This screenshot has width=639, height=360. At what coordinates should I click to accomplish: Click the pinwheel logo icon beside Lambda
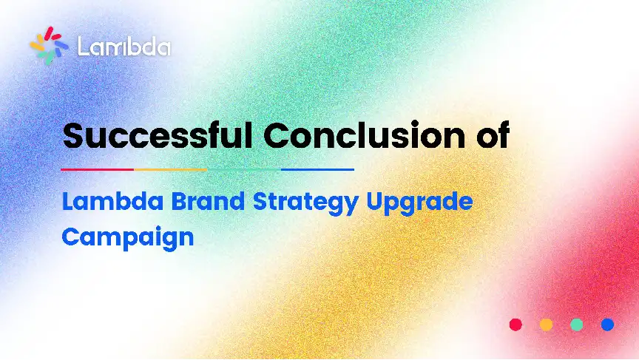(49, 46)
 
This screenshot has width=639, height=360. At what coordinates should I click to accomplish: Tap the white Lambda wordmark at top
(124, 47)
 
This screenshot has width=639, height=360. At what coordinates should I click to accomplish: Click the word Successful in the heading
(158, 135)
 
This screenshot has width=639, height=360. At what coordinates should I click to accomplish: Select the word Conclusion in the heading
(365, 135)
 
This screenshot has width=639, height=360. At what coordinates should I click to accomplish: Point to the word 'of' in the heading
(493, 135)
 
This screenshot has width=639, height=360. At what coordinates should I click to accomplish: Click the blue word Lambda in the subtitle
(113, 202)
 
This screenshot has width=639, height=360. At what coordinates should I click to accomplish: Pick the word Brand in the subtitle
(208, 202)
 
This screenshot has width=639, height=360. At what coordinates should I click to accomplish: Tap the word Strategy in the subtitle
(305, 203)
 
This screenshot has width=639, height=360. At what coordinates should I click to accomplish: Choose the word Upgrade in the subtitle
(420, 203)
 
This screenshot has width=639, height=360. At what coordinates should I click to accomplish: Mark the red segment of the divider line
(98, 169)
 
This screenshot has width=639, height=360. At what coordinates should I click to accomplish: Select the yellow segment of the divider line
(171, 169)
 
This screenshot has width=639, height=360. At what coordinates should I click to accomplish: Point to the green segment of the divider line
(244, 169)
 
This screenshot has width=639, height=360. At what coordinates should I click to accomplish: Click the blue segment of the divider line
(317, 169)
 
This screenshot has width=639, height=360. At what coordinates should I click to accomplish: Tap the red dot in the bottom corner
(515, 325)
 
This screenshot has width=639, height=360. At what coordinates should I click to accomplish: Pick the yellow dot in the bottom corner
(546, 325)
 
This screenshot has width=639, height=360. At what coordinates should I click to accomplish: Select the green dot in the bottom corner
(577, 325)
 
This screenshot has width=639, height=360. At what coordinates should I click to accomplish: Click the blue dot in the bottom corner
(607, 325)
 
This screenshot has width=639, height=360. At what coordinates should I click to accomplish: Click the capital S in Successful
(73, 135)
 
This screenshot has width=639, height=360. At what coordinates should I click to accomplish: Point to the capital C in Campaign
(70, 237)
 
